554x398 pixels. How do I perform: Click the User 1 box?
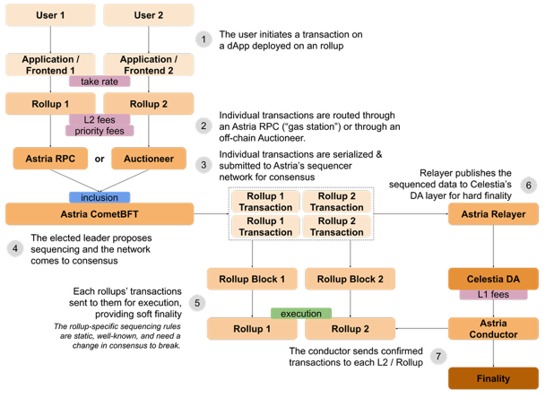coord(50,15)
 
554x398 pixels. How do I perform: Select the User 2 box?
coord(148,15)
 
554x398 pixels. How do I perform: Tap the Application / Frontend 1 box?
coord(50,65)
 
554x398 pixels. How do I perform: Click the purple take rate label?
coord(100,82)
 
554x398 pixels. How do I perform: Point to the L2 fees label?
coord(100,118)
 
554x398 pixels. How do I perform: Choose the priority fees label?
coord(99,131)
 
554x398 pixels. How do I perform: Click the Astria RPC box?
coord(50,160)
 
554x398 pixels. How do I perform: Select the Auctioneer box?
coord(148,160)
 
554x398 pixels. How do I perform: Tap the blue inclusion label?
coord(100,197)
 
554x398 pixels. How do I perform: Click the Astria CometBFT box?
coord(100,213)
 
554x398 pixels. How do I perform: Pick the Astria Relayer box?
coord(492,213)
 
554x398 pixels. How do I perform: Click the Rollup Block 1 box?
coord(252,279)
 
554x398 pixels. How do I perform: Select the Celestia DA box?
coord(492,279)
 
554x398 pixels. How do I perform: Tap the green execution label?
coord(300,314)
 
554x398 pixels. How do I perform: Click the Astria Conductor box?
coord(492,329)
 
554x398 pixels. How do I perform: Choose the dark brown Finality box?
coord(492,378)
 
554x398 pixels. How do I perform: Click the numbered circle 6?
coord(528,186)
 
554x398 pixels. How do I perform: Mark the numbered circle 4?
coord(13,247)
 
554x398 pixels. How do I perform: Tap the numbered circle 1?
coord(204,39)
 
